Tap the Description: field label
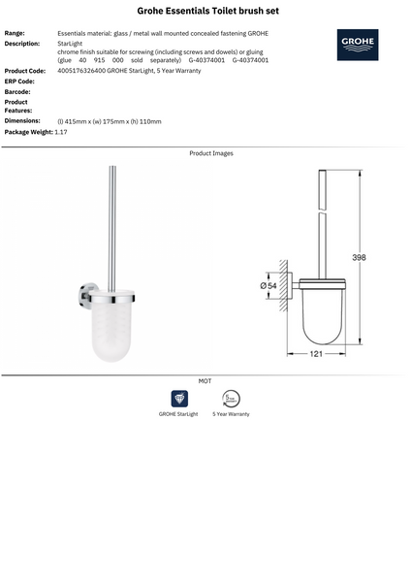tap(22, 44)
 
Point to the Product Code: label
tap(25, 71)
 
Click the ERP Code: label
tap(19, 81)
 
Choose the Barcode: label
tap(17, 91)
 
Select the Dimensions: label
tap(22, 120)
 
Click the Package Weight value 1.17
tap(61, 131)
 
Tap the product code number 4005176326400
tap(80, 71)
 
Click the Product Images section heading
tap(210, 153)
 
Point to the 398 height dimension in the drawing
tap(359, 258)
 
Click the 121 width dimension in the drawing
tap(316, 355)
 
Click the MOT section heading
tap(205, 381)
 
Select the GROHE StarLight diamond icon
tap(179, 398)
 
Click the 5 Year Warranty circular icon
tap(231, 398)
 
